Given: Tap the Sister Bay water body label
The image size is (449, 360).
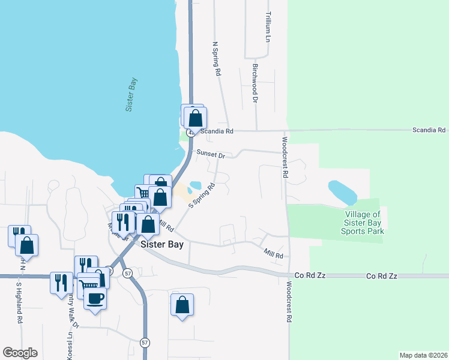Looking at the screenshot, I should [x=132, y=94].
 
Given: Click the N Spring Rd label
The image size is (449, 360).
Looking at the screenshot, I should [x=217, y=58].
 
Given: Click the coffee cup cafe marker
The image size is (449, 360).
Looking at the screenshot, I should [x=95, y=299].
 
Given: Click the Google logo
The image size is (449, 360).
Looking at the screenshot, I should [x=20, y=353].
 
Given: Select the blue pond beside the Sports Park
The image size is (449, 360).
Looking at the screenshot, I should [x=342, y=192].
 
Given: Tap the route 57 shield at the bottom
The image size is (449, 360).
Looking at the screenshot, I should [x=145, y=343].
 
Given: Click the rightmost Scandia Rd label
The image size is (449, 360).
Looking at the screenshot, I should [x=429, y=130].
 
